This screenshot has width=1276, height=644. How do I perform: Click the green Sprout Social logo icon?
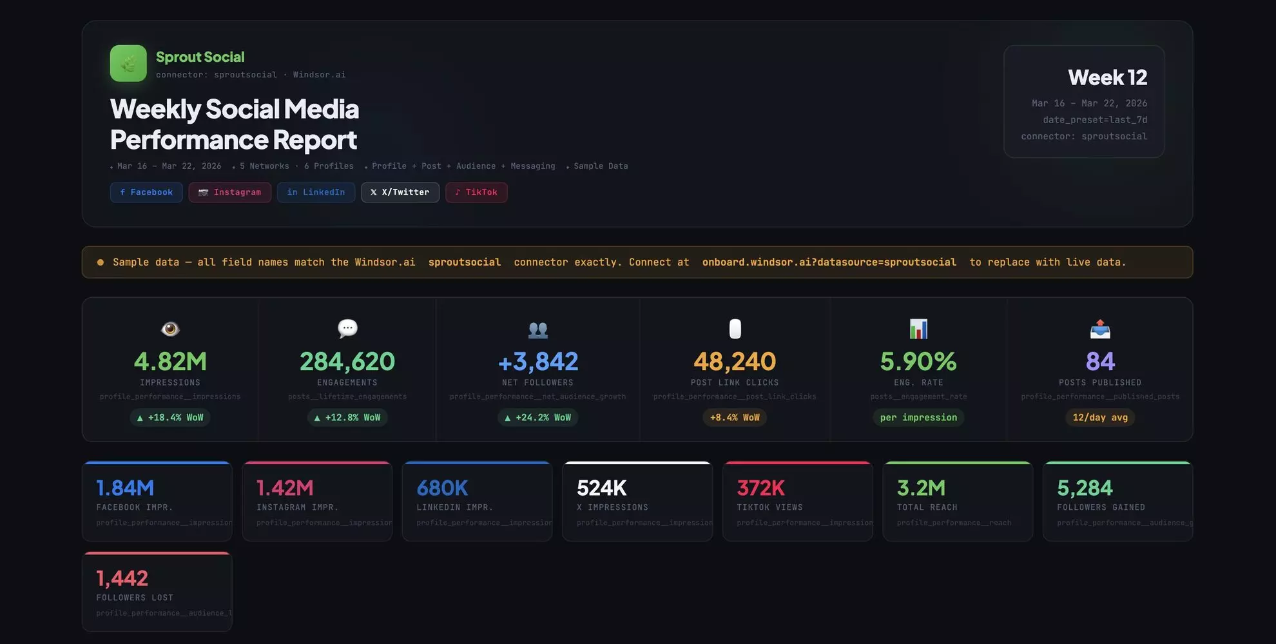click(x=128, y=63)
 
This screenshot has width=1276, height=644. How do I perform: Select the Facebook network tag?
click(x=146, y=192)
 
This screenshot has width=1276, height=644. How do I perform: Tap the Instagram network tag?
click(x=229, y=192)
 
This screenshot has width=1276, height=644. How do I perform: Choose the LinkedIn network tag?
click(x=316, y=192)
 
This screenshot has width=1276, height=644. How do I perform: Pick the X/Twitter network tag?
click(x=400, y=192)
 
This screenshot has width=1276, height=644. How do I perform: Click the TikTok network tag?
click(x=476, y=192)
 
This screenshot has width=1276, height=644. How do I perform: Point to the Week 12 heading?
click(x=1107, y=77)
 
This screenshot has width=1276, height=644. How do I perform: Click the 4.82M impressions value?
click(x=170, y=362)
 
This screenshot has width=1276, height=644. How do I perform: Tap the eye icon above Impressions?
click(x=170, y=329)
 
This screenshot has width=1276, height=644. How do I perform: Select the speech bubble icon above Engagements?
click(x=347, y=329)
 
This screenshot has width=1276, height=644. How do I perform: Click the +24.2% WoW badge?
click(x=538, y=418)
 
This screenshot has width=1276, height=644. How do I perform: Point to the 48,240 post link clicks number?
click(x=735, y=362)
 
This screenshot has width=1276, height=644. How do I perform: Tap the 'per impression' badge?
click(x=918, y=418)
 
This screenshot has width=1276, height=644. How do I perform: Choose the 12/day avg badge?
click(x=1100, y=418)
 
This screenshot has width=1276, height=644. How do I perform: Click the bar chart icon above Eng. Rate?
click(x=918, y=329)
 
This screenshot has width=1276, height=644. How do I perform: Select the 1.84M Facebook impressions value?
click(x=125, y=488)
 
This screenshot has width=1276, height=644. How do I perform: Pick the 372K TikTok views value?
click(x=760, y=488)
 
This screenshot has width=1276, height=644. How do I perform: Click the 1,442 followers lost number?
click(x=122, y=578)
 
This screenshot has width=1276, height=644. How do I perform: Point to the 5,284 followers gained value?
click(x=1085, y=488)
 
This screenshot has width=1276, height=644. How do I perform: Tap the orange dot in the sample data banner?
click(x=100, y=262)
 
